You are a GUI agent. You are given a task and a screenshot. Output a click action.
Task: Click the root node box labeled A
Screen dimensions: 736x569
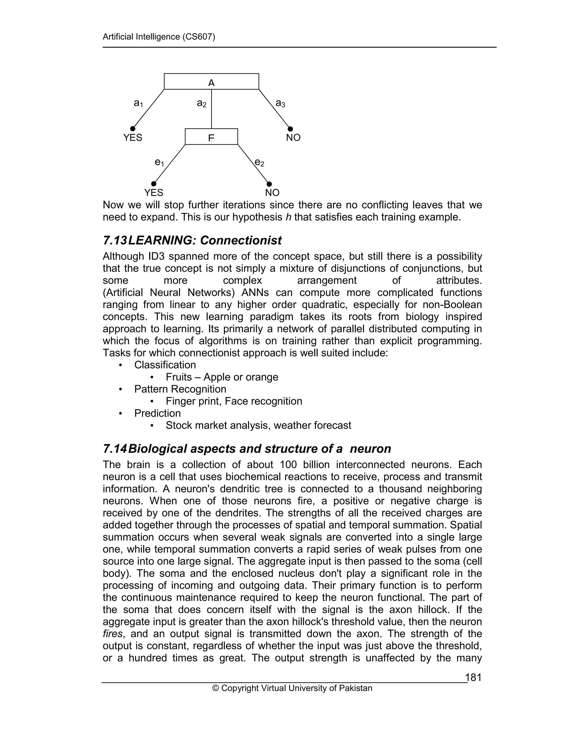coord(211,82)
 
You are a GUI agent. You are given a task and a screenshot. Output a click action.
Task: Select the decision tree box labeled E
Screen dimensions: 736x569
coord(211,137)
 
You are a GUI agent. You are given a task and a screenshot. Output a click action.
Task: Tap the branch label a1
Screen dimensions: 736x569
coord(138,103)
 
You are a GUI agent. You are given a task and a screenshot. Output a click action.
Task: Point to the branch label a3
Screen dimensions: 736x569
coord(280,103)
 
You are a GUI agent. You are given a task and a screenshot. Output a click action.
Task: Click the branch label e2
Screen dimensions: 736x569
coord(259,163)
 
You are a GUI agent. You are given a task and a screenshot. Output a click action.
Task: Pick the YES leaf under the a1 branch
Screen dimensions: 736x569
coord(133,138)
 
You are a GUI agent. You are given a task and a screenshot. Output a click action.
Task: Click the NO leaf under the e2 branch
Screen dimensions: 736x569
coord(272,193)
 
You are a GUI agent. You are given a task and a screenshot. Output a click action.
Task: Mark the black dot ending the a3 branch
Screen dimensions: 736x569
coord(290,129)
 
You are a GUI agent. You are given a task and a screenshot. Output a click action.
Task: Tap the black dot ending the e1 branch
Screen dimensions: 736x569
coord(154,184)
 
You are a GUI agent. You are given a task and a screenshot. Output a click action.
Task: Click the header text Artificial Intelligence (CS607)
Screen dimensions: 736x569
coord(158,37)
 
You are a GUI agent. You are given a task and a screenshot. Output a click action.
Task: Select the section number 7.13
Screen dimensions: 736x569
coord(115,241)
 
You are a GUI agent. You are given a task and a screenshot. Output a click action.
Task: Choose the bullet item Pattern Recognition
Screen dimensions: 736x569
coord(180,389)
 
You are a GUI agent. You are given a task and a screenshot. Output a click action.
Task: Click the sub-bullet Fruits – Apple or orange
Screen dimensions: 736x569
coord(222,377)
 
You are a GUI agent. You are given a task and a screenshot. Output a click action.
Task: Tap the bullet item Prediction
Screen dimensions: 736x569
coord(158,414)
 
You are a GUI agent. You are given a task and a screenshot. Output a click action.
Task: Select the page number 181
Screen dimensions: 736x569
coord(473,678)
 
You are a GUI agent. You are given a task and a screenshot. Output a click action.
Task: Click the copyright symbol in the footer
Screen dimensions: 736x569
coord(215,689)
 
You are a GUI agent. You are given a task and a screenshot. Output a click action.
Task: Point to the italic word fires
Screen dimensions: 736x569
coord(113,634)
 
